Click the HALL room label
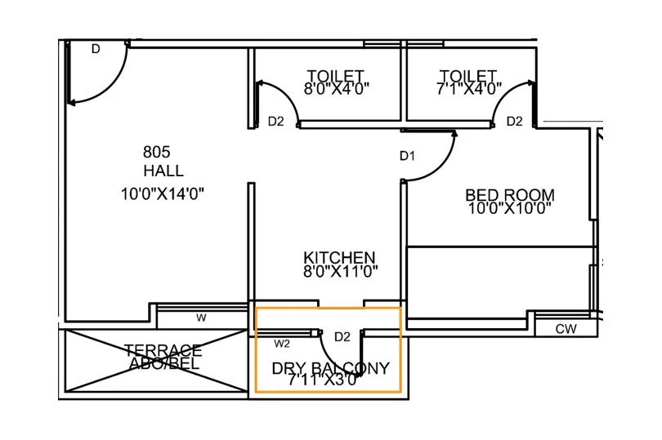(163, 171)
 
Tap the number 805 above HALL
(156, 151)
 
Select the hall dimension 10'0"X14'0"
(163, 194)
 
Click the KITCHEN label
(339, 257)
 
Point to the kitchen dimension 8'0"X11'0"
(339, 272)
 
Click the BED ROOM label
(510, 195)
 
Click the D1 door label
(408, 155)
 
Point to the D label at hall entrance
(96, 50)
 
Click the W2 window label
(282, 343)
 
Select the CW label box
(566, 329)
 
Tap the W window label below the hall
(200, 318)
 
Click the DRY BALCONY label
(331, 368)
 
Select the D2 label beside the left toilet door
(276, 122)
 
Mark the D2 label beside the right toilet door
(514, 122)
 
